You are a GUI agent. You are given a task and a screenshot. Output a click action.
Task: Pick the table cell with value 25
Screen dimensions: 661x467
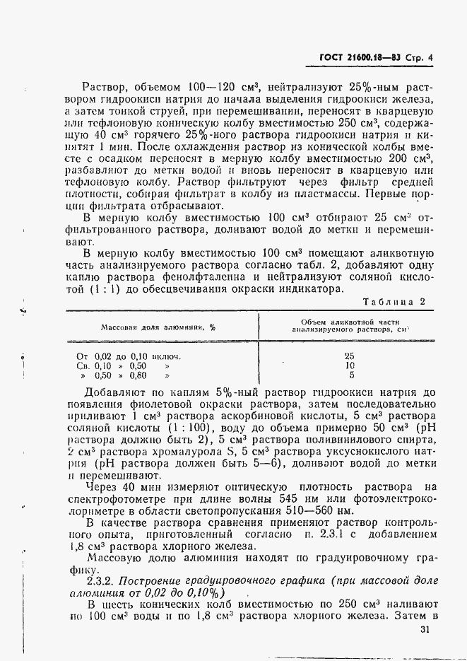(x=350, y=356)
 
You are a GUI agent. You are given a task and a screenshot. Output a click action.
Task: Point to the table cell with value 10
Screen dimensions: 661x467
(x=350, y=366)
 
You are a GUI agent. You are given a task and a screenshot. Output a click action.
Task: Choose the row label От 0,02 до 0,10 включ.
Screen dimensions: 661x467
(x=128, y=356)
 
